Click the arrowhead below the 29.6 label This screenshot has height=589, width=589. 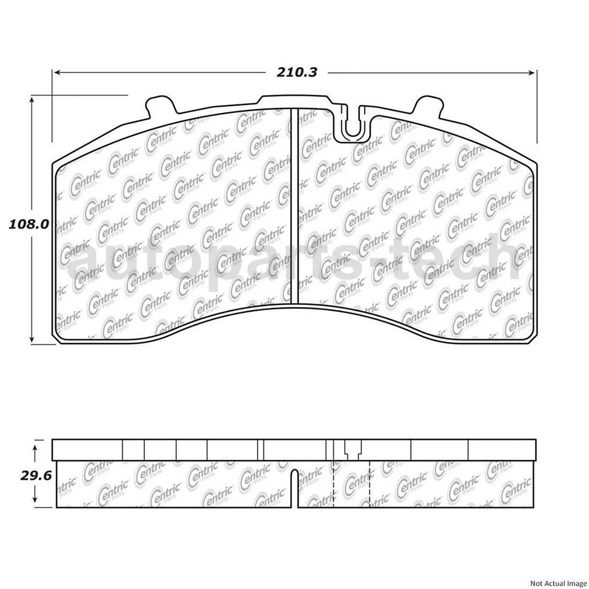(36, 500)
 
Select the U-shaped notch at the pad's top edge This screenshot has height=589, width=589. (351, 126)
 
